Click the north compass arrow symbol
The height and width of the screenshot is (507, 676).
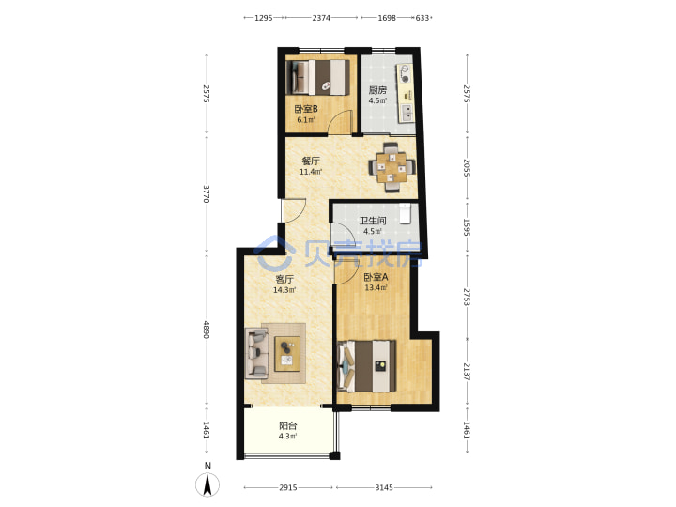207,484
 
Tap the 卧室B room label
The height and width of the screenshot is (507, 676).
306,110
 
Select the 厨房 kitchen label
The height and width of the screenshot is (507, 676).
377,90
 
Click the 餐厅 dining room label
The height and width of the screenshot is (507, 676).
311,161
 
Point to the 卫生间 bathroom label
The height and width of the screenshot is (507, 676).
373,222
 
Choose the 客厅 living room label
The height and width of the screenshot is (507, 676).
284,280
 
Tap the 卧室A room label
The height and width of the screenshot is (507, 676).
376,277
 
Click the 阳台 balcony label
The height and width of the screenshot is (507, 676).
287,426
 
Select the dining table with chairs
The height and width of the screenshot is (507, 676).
392,167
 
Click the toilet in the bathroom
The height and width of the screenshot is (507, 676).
405,214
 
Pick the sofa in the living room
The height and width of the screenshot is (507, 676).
256,354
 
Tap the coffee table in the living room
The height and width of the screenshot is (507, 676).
287,354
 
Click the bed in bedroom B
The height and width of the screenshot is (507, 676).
317,77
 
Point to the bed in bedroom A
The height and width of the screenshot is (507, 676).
366,366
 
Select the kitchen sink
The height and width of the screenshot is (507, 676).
407,113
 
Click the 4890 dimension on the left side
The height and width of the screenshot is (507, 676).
206,330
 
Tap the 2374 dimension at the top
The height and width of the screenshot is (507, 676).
321,18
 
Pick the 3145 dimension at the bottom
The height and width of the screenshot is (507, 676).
384,487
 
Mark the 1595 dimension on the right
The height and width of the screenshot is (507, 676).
467,227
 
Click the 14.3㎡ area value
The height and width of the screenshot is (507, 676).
284,290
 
